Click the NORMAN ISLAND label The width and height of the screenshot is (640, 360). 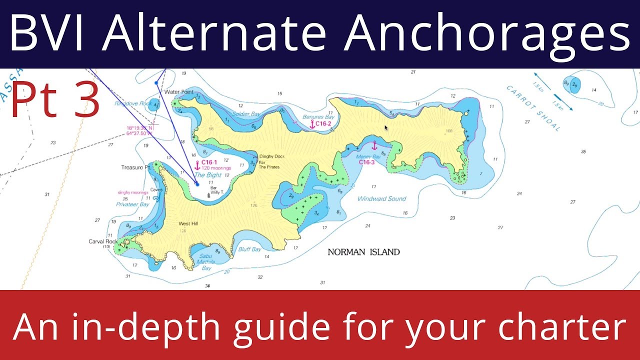pyautogui.click(x=363, y=252)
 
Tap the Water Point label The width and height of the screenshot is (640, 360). pyautogui.click(x=179, y=92)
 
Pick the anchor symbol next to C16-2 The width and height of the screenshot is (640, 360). pyautogui.click(x=312, y=124)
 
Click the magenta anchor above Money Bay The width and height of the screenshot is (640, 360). pyautogui.click(x=374, y=145)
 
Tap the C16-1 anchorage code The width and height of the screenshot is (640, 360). pyautogui.click(x=209, y=162)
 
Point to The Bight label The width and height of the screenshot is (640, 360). pyautogui.click(x=207, y=175)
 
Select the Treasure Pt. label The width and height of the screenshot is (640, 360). pyautogui.click(x=136, y=167)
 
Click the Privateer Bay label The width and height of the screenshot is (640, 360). pyautogui.click(x=132, y=204)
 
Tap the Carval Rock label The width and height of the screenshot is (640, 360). pyautogui.click(x=102, y=241)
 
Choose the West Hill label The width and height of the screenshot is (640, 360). pyautogui.click(x=188, y=223)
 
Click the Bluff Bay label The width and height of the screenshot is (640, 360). pyautogui.click(x=249, y=249)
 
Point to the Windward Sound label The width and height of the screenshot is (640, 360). pyautogui.click(x=381, y=198)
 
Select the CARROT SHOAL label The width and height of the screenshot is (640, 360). pyautogui.click(x=533, y=108)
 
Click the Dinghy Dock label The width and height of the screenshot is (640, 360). pyautogui.click(x=271, y=156)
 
